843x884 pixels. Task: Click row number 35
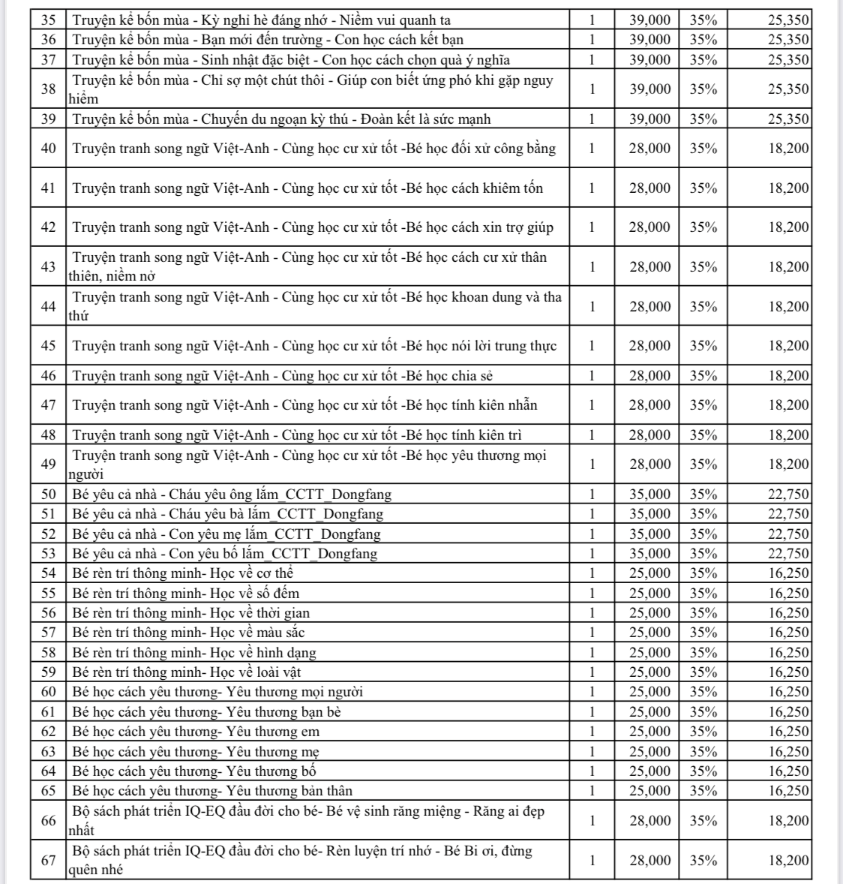[x=49, y=20]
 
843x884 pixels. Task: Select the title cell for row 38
[x=315, y=89]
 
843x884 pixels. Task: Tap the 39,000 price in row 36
[x=649, y=40]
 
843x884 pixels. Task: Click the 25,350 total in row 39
[x=788, y=119]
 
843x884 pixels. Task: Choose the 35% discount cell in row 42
[x=703, y=227]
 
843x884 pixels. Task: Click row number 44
[x=49, y=306]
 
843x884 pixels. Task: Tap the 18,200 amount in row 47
[x=788, y=405]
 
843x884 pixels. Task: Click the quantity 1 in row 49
[x=592, y=465]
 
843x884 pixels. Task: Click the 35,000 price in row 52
[x=649, y=534]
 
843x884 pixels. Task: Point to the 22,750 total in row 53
[x=788, y=554]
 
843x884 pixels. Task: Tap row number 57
[x=49, y=633]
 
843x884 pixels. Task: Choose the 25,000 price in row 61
[x=649, y=712]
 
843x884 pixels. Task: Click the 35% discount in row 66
[x=703, y=821]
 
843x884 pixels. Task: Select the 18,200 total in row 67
[x=788, y=861]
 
